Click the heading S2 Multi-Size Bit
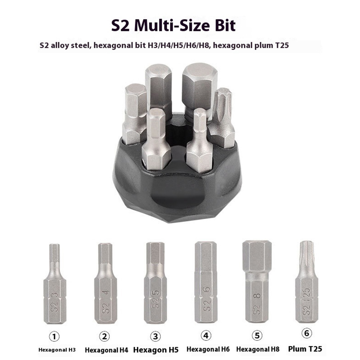pyautogui.click(x=173, y=26)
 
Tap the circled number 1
pyautogui.click(x=54, y=337)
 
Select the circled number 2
pyautogui.click(x=104, y=336)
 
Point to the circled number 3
pyautogui.click(x=155, y=336)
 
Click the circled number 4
pyautogui.click(x=206, y=336)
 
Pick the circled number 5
pyautogui.click(x=257, y=336)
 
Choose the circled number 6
pyautogui.click(x=307, y=333)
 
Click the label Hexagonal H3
pyautogui.click(x=57, y=350)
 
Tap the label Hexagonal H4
pyautogui.click(x=106, y=350)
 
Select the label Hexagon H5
pyautogui.click(x=156, y=350)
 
